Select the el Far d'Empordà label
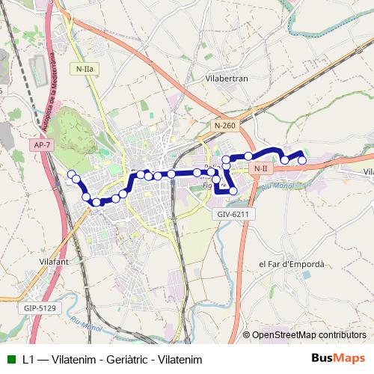pos(291,264)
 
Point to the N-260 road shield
pos(224,126)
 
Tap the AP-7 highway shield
pos(43,144)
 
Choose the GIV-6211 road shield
pos(233,214)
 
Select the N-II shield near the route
pos(260,168)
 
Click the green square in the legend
pos(10,359)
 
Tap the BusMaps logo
pos(339,358)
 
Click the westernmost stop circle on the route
pos(72,174)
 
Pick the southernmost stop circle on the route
pos(96,202)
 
